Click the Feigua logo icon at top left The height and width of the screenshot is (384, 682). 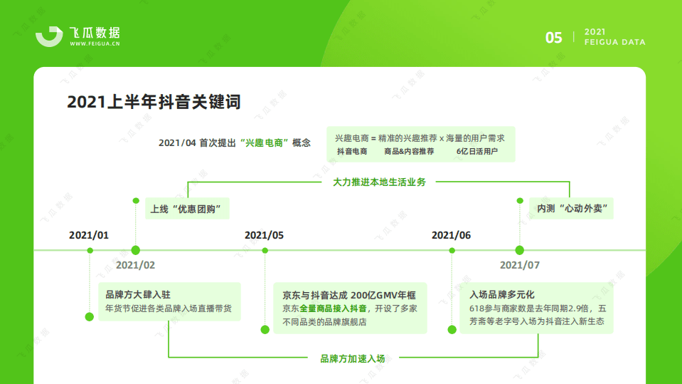[49, 36]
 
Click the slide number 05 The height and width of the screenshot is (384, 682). [554, 38]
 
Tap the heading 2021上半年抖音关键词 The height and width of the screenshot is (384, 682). [154, 103]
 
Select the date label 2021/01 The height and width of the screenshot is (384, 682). [89, 235]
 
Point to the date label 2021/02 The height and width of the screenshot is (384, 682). [135, 265]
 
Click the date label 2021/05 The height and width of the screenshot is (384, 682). [264, 235]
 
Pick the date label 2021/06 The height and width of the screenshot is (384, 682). [451, 235]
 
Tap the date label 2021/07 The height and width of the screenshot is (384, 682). [519, 265]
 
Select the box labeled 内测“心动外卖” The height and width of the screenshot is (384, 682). [576, 209]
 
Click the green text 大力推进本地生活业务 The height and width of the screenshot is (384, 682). [379, 182]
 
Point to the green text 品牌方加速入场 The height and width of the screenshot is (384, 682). [352, 358]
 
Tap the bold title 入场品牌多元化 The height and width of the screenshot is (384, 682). [501, 294]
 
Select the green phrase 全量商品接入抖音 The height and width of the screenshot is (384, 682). [333, 308]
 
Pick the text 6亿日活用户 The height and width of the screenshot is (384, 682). [477, 152]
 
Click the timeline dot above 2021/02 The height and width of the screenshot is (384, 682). [135, 250]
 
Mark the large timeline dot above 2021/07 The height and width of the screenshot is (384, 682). [519, 250]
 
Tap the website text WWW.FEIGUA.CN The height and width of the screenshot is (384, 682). [95, 44]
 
